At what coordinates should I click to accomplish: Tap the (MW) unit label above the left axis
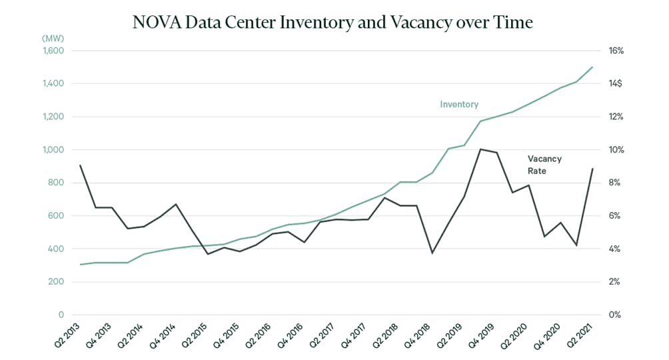(x=53, y=38)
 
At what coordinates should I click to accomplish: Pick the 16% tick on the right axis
(x=614, y=51)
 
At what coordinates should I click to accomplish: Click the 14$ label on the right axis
(x=614, y=84)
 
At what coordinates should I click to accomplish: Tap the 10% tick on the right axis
(x=614, y=150)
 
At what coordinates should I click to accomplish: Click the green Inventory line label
(x=459, y=105)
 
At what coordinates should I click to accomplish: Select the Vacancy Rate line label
(x=544, y=165)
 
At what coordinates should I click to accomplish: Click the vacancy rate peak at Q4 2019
(x=480, y=149)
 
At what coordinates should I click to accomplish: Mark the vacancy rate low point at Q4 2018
(x=432, y=253)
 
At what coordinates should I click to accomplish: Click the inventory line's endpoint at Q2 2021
(x=593, y=67)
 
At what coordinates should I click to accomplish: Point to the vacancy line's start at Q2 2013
(x=80, y=165)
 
